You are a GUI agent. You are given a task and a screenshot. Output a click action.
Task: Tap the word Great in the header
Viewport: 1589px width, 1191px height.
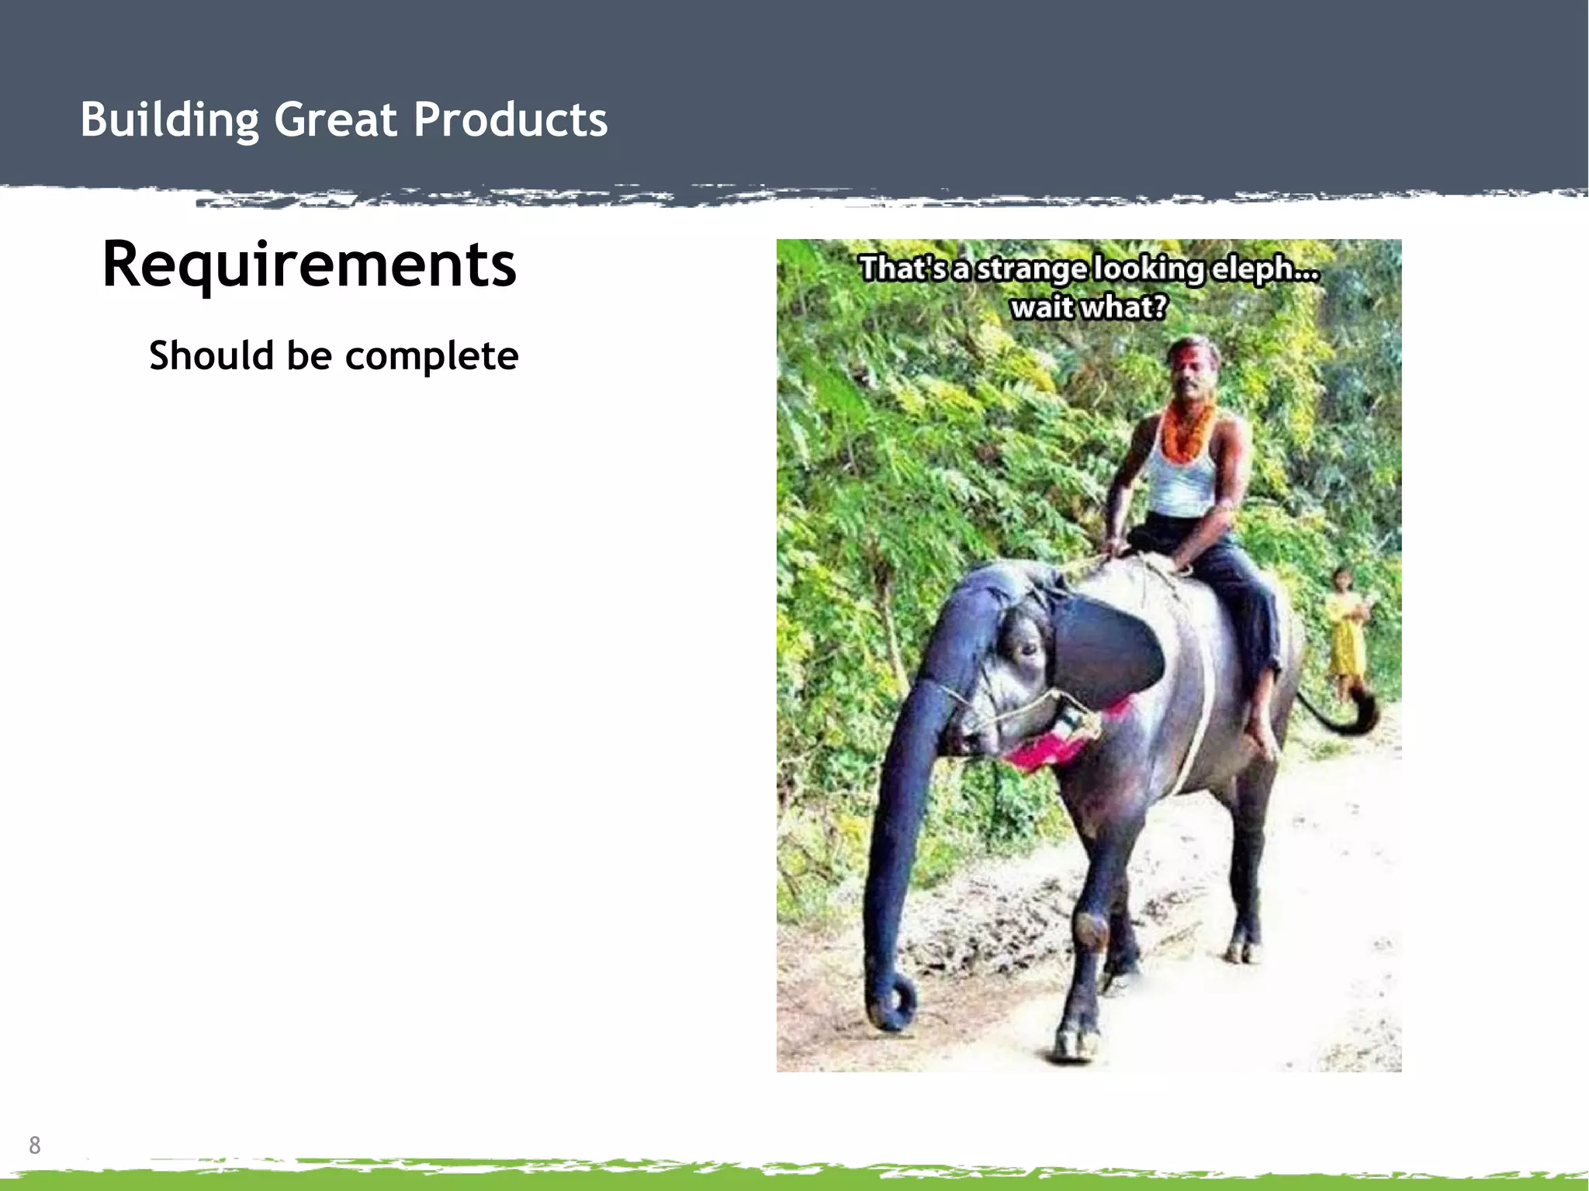[x=335, y=120]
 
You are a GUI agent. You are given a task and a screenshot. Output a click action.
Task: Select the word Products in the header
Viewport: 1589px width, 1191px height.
[x=510, y=120]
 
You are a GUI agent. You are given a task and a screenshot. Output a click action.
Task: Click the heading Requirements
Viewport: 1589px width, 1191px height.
[x=309, y=265]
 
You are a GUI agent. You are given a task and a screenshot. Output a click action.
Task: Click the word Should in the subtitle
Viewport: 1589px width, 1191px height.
[x=211, y=355]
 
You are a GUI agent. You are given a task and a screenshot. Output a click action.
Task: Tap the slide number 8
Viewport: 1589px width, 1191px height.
[x=34, y=1145]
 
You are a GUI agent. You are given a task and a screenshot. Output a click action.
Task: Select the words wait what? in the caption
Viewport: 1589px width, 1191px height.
[x=1088, y=308]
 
